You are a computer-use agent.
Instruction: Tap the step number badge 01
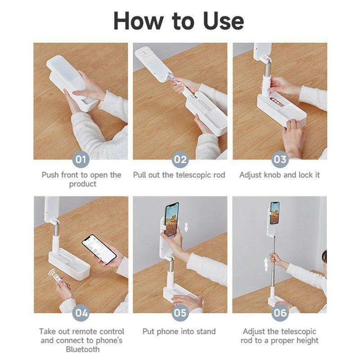pyautogui.click(x=81, y=159)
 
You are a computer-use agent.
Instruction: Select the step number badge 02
pyautogui.click(x=180, y=159)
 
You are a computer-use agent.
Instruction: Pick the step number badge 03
pyautogui.click(x=279, y=159)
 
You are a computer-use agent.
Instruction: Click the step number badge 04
pyautogui.click(x=81, y=313)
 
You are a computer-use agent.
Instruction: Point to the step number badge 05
pyautogui.click(x=180, y=313)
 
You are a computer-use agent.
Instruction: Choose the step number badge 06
pyautogui.click(x=279, y=313)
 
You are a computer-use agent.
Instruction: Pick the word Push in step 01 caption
pyautogui.click(x=51, y=175)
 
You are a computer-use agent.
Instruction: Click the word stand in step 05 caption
pyautogui.click(x=205, y=332)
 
